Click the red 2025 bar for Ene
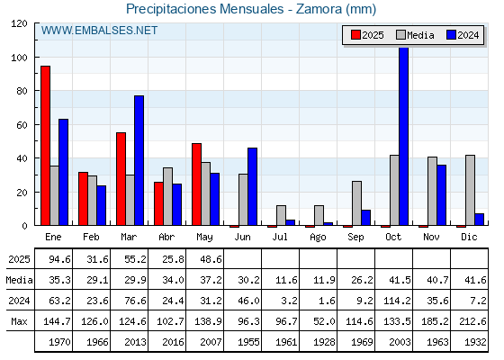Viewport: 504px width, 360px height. coord(45,146)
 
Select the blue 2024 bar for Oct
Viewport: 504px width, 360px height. coord(404,136)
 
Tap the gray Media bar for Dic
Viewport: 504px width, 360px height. coord(470,190)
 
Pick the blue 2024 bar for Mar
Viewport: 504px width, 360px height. coord(139,160)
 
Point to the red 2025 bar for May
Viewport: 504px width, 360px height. coord(197,184)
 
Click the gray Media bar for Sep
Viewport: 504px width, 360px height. coord(356,203)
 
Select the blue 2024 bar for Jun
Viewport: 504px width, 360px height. coord(252,187)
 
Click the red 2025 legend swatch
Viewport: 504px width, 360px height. coord(355,35)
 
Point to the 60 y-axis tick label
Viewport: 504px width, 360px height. coord(22,125)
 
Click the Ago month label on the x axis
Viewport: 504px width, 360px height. coord(318,238)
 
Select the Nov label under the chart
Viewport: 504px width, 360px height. coord(431,237)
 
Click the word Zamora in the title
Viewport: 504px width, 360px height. coord(319,9)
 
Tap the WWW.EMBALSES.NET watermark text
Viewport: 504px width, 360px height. coord(99,31)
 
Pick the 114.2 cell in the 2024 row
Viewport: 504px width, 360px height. coord(397,301)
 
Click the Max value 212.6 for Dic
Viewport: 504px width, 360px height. coord(472,321)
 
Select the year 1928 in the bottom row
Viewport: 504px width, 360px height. coord(324,342)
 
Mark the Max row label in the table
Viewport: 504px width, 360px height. coord(19,321)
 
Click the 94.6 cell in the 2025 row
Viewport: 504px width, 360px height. coord(59,259)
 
